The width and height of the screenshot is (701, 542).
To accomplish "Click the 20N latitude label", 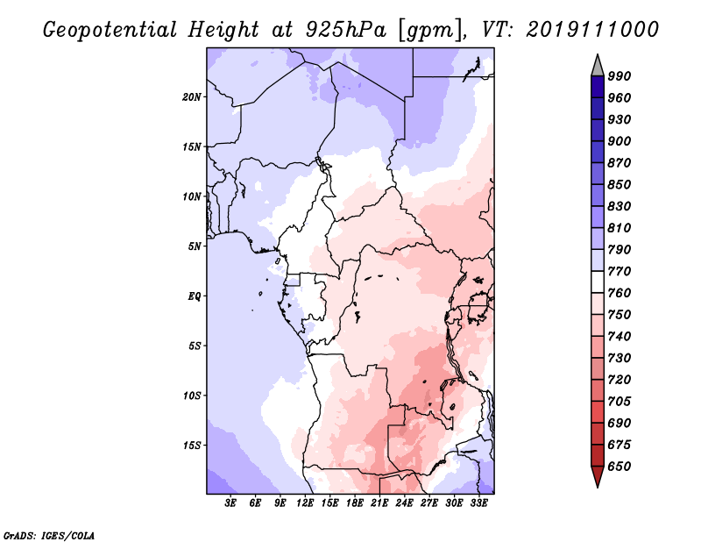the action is tap(192, 96).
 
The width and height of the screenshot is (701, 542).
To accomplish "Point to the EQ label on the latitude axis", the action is tap(195, 296).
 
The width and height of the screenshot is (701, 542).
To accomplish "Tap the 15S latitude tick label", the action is tap(192, 446).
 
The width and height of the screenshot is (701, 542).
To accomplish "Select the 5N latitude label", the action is tap(195, 246).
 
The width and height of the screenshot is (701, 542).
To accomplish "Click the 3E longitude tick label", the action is tap(230, 503).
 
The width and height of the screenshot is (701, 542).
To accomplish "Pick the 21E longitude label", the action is tap(379, 503).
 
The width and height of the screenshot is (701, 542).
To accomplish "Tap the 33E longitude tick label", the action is tap(478, 503).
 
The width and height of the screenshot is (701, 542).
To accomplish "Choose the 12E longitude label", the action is tap(305, 503).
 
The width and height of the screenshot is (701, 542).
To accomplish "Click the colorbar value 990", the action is tap(620, 76).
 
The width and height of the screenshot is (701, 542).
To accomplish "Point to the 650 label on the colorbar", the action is tap(620, 467).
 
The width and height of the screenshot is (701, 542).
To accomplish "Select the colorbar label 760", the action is tap(620, 293).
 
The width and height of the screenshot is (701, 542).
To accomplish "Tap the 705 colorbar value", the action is tap(620, 401).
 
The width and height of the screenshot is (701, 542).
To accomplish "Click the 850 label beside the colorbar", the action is tap(620, 184).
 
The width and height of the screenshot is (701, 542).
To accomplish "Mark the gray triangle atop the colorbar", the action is tap(598, 66).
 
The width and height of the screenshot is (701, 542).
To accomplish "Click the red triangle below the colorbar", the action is tap(598, 476).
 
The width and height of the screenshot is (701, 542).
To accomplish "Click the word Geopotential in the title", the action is tap(110, 31).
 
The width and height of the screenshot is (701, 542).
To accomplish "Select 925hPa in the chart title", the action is tap(345, 30).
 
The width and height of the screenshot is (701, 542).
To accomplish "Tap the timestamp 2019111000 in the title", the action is tap(592, 30).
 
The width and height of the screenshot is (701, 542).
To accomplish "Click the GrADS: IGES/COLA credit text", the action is tap(49, 535).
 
